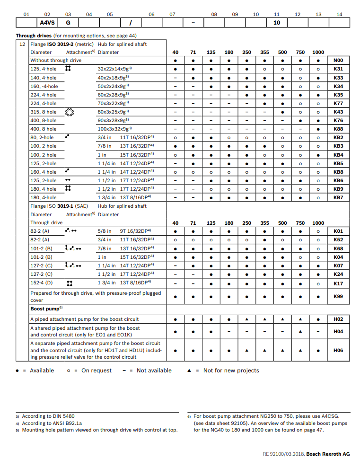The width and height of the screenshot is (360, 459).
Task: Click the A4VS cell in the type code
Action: click(x=47, y=23)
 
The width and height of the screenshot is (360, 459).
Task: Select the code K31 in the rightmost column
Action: click(x=338, y=69)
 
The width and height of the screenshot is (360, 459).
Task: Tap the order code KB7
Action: click(x=338, y=197)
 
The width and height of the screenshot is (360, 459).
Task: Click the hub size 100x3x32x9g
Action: click(x=114, y=129)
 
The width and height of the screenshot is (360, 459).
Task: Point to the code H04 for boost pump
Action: click(x=338, y=331)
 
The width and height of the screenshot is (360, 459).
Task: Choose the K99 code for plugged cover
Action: click(x=338, y=296)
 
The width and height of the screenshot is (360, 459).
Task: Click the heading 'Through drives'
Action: click(x=34, y=35)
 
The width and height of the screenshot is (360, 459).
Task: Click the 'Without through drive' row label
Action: click(x=56, y=61)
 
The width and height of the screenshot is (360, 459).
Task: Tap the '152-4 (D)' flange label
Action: click(x=42, y=283)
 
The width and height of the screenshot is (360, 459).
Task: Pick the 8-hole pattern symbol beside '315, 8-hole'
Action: click(x=69, y=112)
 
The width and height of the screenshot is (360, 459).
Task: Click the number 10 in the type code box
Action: click(x=277, y=23)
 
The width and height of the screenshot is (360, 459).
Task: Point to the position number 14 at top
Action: click(x=339, y=14)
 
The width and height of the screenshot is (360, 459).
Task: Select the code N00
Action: click(x=338, y=61)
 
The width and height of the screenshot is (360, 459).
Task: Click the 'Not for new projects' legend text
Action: click(x=231, y=371)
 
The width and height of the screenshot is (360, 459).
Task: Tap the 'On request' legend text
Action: click(x=97, y=371)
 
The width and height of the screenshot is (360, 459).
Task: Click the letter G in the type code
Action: click(x=68, y=23)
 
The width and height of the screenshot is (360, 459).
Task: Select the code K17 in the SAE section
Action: click(x=338, y=283)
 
